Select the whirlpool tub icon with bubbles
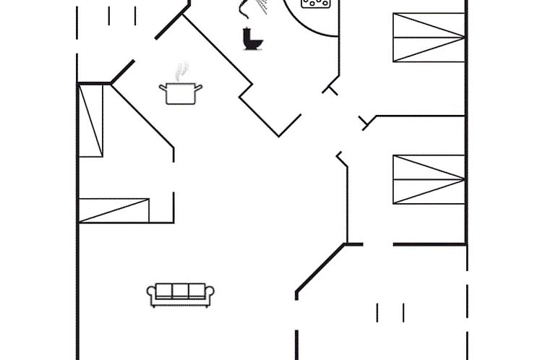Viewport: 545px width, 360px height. coord(316,4)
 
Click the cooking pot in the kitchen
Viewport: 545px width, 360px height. coord(181,93)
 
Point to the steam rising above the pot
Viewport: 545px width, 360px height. coord(181,71)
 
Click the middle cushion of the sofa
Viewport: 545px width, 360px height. coord(181,291)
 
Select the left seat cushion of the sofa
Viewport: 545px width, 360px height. coord(164,291)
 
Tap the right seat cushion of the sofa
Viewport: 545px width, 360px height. coord(197,291)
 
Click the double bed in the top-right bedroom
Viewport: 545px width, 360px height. coord(429,38)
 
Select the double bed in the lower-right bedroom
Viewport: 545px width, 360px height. coord(429,179)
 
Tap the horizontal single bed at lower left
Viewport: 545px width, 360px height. coord(114,210)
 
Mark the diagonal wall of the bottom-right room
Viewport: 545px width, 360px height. coord(319,268)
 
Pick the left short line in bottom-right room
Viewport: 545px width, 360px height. coord(377,313)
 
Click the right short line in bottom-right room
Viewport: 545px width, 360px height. coord(403,313)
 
